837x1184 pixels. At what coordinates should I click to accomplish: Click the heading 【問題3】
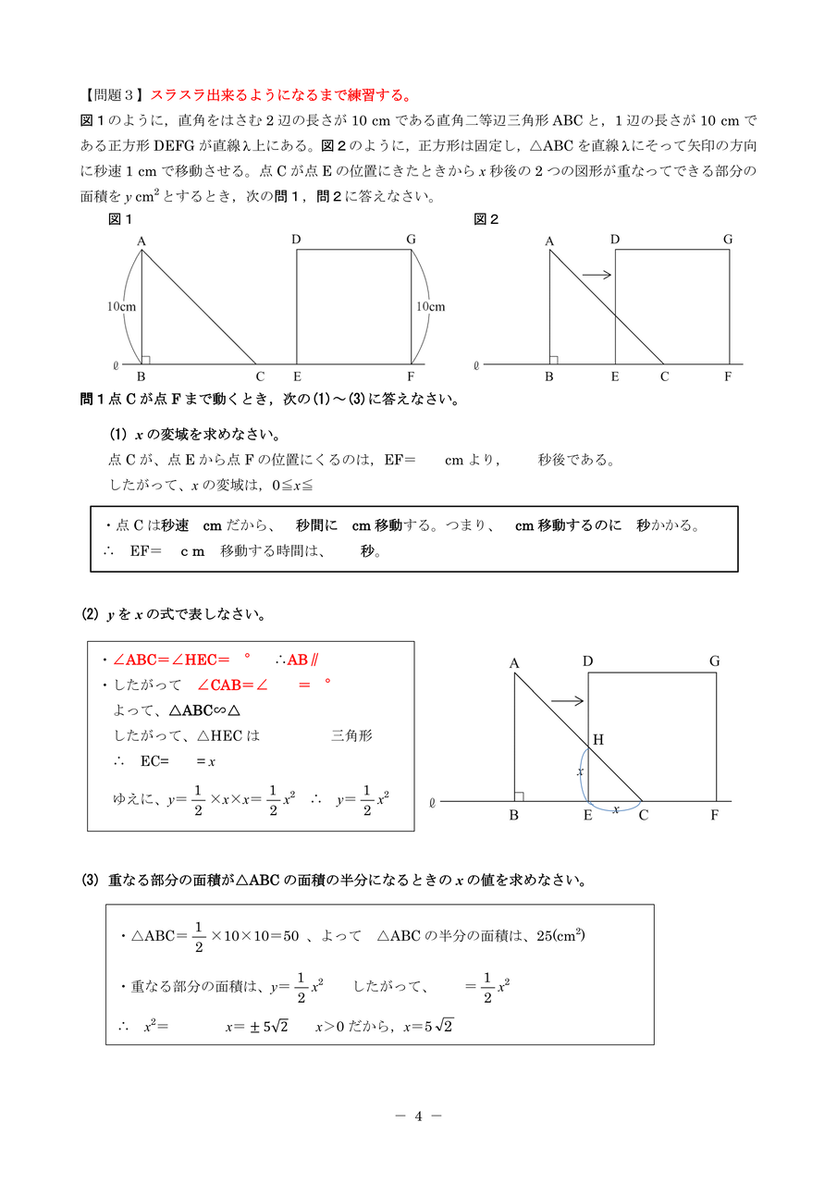coord(114,95)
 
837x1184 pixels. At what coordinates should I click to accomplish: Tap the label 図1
coord(120,219)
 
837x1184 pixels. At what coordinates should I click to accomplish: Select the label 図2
coord(486,219)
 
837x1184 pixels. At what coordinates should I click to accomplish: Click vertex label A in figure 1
coord(142,241)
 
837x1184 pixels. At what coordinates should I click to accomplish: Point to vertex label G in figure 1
coord(411,240)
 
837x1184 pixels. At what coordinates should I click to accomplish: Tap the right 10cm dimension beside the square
coord(431,306)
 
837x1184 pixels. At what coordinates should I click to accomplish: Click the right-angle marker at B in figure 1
coord(146,359)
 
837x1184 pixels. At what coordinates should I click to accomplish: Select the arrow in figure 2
coord(597,274)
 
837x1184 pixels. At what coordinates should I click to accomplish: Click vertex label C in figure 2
coord(663,376)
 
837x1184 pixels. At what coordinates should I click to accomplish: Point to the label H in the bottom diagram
coord(597,739)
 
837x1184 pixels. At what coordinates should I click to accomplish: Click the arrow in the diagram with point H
coord(567,701)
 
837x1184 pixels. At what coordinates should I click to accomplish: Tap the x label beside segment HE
coord(581,771)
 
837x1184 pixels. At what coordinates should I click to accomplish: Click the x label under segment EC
coord(616,808)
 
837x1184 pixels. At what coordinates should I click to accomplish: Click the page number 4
coord(418,1116)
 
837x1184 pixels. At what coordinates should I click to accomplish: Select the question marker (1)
coord(117,435)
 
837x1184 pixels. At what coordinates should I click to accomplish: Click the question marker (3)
coord(90,881)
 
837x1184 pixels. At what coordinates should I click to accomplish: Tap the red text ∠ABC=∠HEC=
coord(171,660)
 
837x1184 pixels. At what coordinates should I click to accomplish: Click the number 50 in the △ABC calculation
coord(289,936)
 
